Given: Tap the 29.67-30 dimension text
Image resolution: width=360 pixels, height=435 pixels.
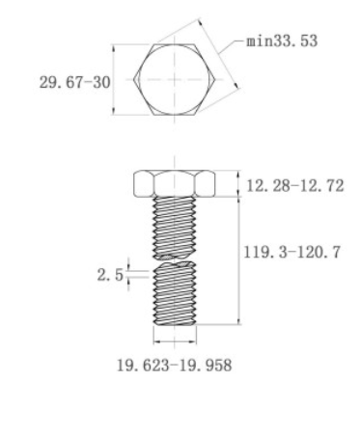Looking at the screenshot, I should pos(73,82).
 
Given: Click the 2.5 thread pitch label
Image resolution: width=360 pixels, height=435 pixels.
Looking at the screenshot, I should pos(111,274).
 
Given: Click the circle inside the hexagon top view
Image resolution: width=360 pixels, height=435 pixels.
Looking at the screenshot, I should pos(174,81).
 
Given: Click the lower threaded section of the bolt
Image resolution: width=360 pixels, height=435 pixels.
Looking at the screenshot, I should pos(175,294).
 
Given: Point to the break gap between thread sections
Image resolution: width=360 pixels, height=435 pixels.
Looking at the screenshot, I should pos(175,260).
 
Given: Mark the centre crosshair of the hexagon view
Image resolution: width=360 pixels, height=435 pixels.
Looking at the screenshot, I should pos(174,81).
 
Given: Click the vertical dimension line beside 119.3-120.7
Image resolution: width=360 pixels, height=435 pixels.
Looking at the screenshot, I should pos(238,260).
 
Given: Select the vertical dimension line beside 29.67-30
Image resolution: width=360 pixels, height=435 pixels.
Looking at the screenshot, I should pos(114,81).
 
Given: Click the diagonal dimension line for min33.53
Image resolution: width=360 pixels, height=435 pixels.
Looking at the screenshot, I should pos(230,60).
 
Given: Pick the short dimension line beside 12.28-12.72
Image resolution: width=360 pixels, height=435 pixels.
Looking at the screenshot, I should pos(238,184).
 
